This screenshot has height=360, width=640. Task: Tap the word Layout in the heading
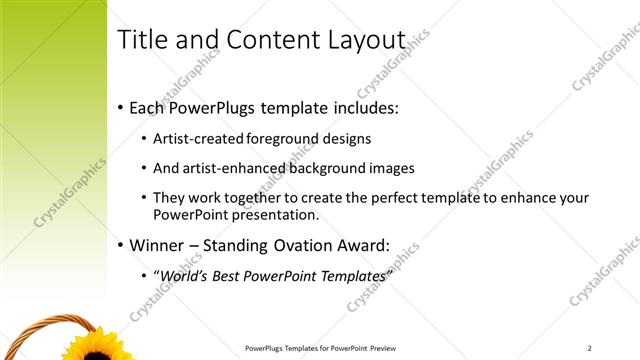[x=367, y=40]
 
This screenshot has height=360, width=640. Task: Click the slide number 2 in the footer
[x=590, y=348]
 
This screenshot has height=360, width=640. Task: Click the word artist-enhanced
[x=233, y=168]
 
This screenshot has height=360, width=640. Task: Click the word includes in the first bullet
[x=366, y=106]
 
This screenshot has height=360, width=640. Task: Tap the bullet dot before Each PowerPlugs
[x=121, y=106]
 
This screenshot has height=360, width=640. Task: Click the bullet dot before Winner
[x=121, y=244]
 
